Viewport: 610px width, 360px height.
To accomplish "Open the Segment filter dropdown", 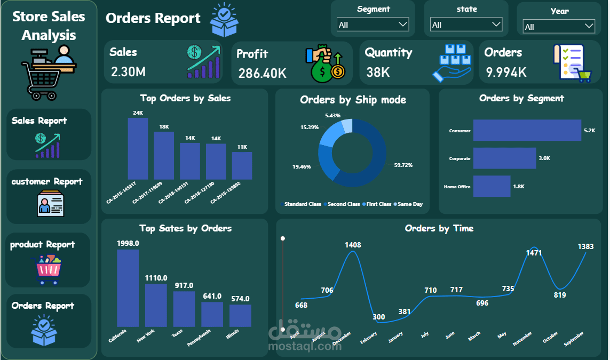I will point(373,25).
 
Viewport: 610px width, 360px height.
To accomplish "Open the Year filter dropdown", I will point(559,26).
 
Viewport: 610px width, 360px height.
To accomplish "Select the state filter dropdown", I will point(466,25).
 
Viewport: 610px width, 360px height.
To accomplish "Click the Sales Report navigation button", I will point(49,134).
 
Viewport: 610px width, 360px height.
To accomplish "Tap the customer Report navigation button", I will point(49,196).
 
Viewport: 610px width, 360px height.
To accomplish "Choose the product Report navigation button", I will point(48,260).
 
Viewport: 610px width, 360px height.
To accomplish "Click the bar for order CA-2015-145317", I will point(138,149).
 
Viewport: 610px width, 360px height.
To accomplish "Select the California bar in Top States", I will point(128,288).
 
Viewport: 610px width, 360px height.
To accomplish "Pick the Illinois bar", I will point(240,315).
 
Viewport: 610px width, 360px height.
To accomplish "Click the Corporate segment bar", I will point(504,158).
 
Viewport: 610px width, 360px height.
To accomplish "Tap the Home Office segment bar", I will point(492,187).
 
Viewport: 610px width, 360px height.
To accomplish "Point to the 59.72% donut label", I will point(403,165).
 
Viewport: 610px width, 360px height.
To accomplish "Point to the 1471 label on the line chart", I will point(534,253).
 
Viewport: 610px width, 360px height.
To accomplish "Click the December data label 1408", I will point(353,245).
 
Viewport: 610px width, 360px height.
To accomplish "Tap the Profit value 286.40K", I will point(262,73).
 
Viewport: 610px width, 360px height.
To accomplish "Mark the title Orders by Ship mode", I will point(353,100).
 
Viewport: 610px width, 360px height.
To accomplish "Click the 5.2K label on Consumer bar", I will point(589,130).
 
